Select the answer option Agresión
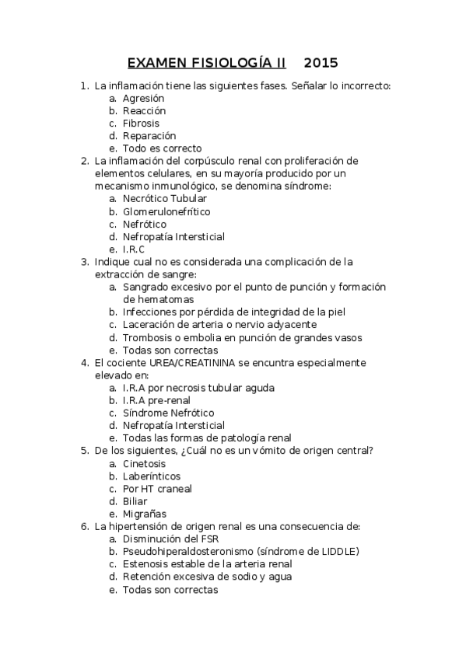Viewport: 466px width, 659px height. [x=143, y=99]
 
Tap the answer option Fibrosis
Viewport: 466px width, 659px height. [x=141, y=124]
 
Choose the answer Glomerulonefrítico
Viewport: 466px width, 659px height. [x=166, y=211]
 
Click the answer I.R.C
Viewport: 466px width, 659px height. [x=134, y=249]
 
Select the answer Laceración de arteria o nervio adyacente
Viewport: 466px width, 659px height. [x=219, y=325]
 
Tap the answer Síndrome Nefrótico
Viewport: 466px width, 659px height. [x=168, y=413]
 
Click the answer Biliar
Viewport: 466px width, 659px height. [x=135, y=501]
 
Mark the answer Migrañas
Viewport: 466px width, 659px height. [x=144, y=514]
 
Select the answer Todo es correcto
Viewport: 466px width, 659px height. [x=162, y=148]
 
